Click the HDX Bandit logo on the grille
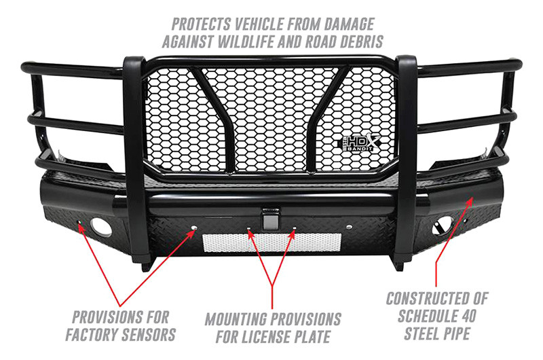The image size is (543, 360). [359, 142]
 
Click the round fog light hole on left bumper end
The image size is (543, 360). [100, 228]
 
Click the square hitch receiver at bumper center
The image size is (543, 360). [270, 219]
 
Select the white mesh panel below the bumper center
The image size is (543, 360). [272, 242]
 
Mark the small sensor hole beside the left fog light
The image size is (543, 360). [79, 222]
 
